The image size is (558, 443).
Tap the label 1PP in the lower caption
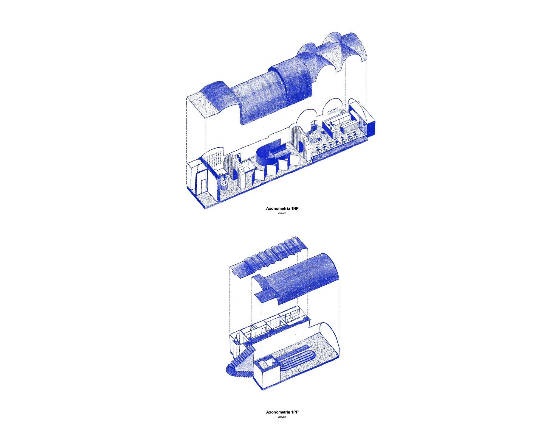tap(295, 412)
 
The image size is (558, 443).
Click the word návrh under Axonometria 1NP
tap(282, 213)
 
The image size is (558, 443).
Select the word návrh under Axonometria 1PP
tap(282, 417)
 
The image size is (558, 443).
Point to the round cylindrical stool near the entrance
tap(224, 186)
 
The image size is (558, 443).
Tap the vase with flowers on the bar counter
tap(331, 124)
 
